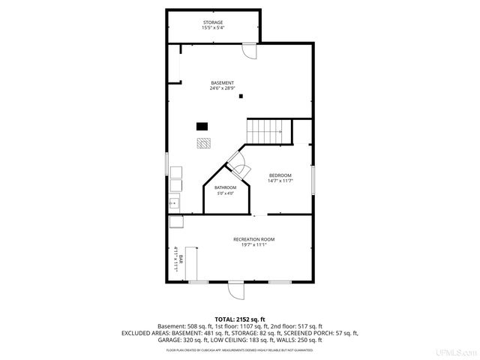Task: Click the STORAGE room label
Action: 212,23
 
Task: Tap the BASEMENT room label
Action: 222,82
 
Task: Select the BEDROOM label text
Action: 280,175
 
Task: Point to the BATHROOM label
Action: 225,187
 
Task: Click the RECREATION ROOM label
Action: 253,239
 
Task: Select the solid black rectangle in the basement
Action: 202,126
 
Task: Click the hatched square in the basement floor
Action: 204,142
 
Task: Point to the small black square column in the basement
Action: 241,96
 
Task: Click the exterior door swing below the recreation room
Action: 235,289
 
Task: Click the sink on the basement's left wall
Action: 174,202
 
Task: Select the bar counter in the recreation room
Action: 187,262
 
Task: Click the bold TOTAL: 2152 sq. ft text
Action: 240,319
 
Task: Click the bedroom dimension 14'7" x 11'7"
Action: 280,181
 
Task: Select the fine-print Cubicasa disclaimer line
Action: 240,349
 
